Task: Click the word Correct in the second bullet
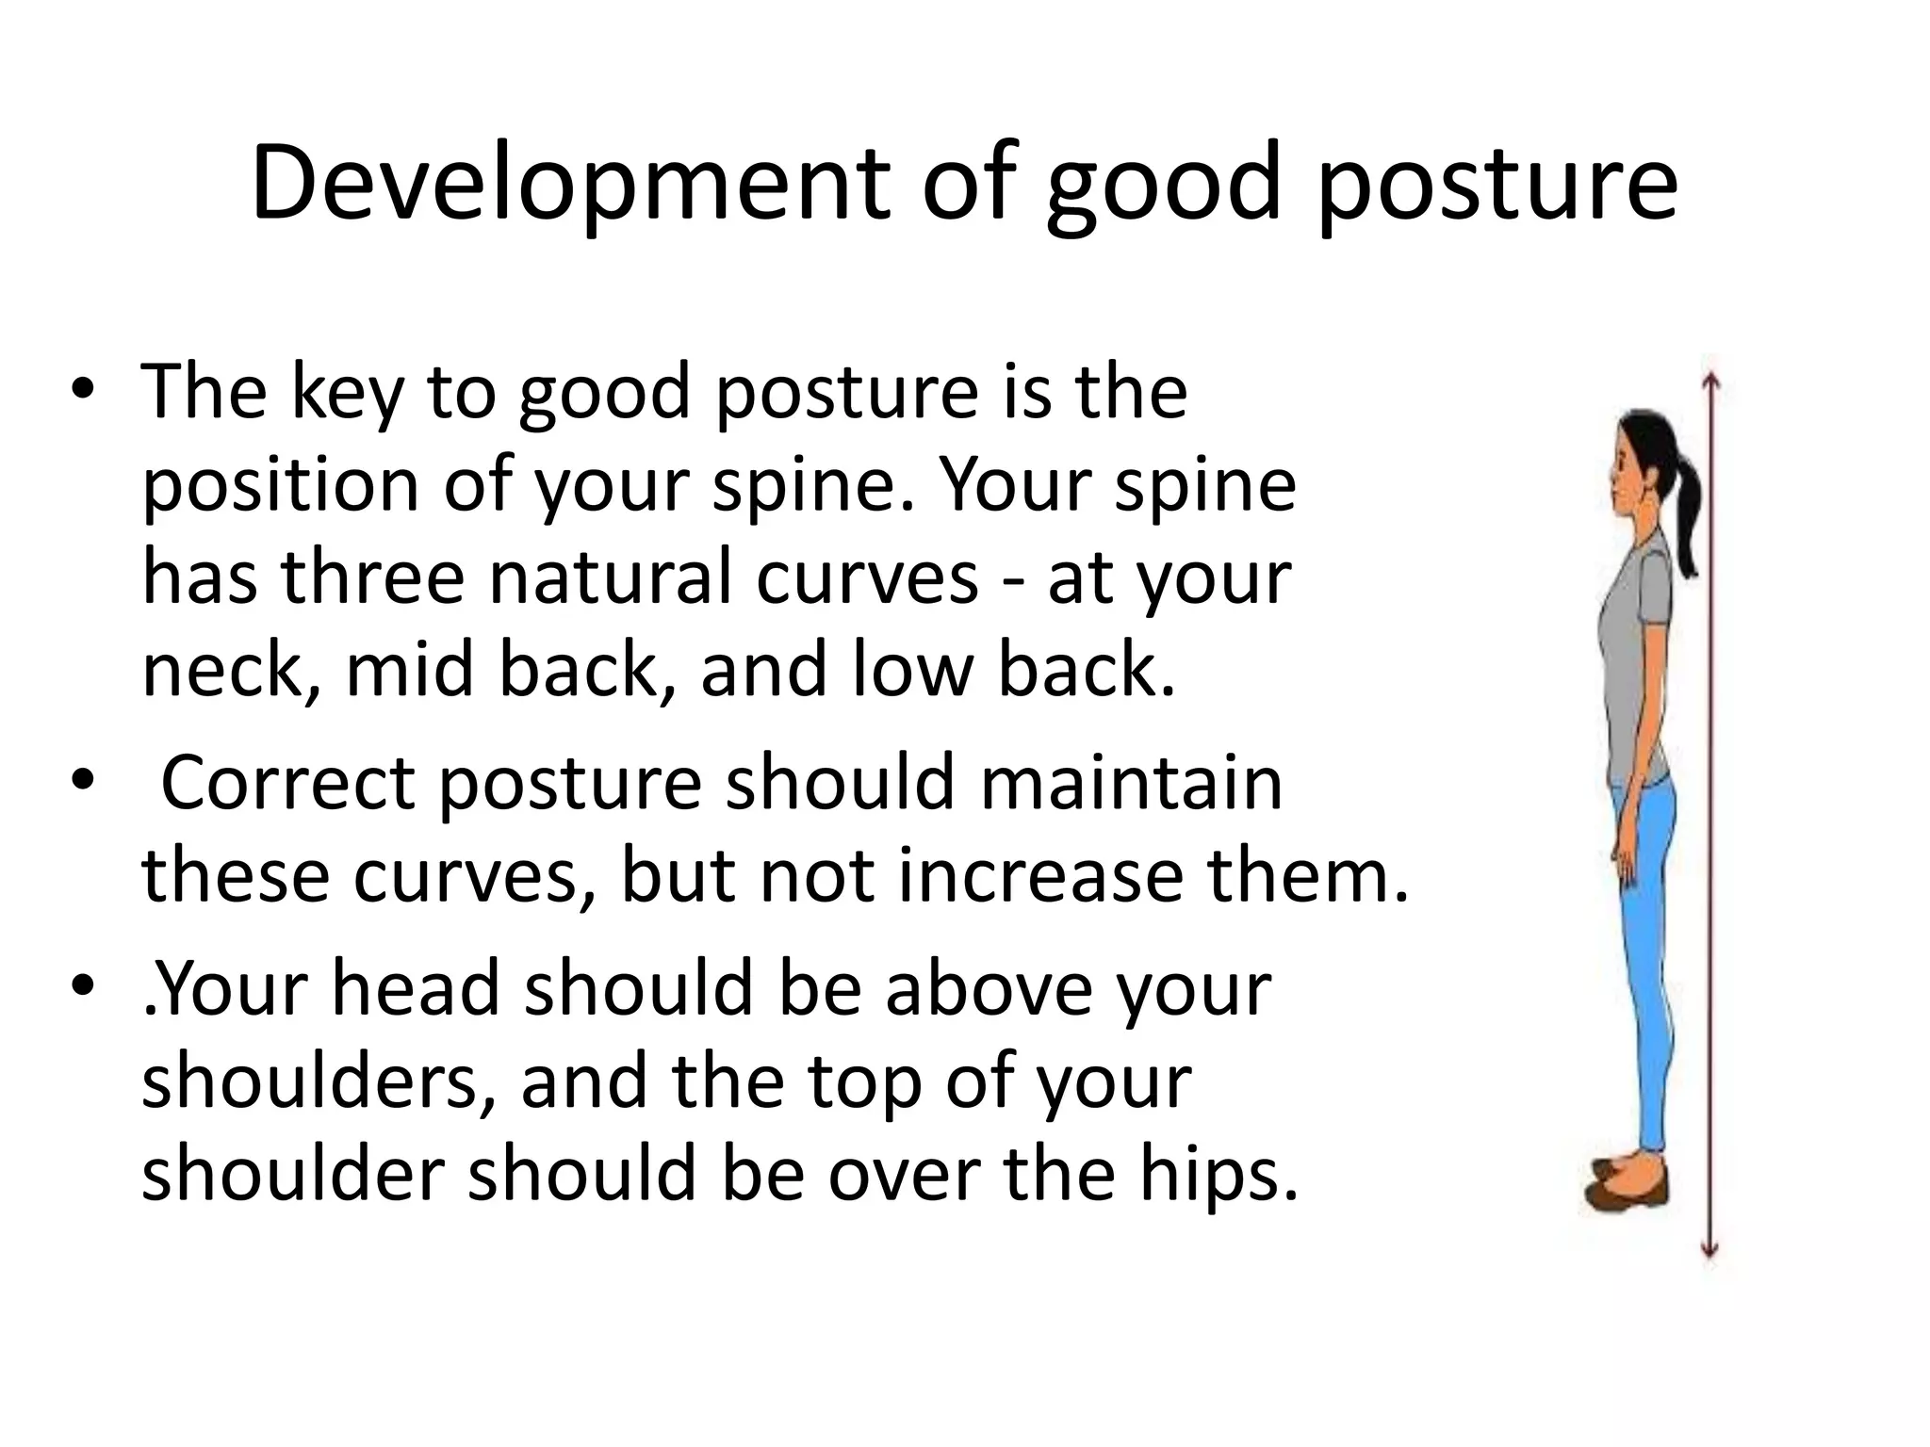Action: pos(287,782)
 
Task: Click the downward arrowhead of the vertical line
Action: pos(1711,1251)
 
